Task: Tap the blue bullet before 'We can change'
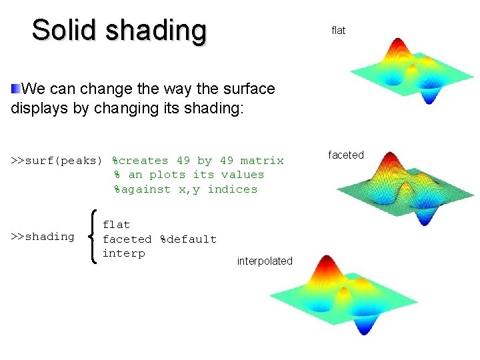tap(15, 88)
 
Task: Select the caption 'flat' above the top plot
tap(339, 31)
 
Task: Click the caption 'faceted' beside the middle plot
tap(346, 155)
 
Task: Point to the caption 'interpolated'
tap(265, 261)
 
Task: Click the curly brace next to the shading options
tap(93, 236)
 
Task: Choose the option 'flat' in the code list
tap(116, 225)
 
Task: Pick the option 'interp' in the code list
tap(123, 253)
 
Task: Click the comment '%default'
tap(188, 239)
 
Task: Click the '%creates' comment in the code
tap(140, 161)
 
